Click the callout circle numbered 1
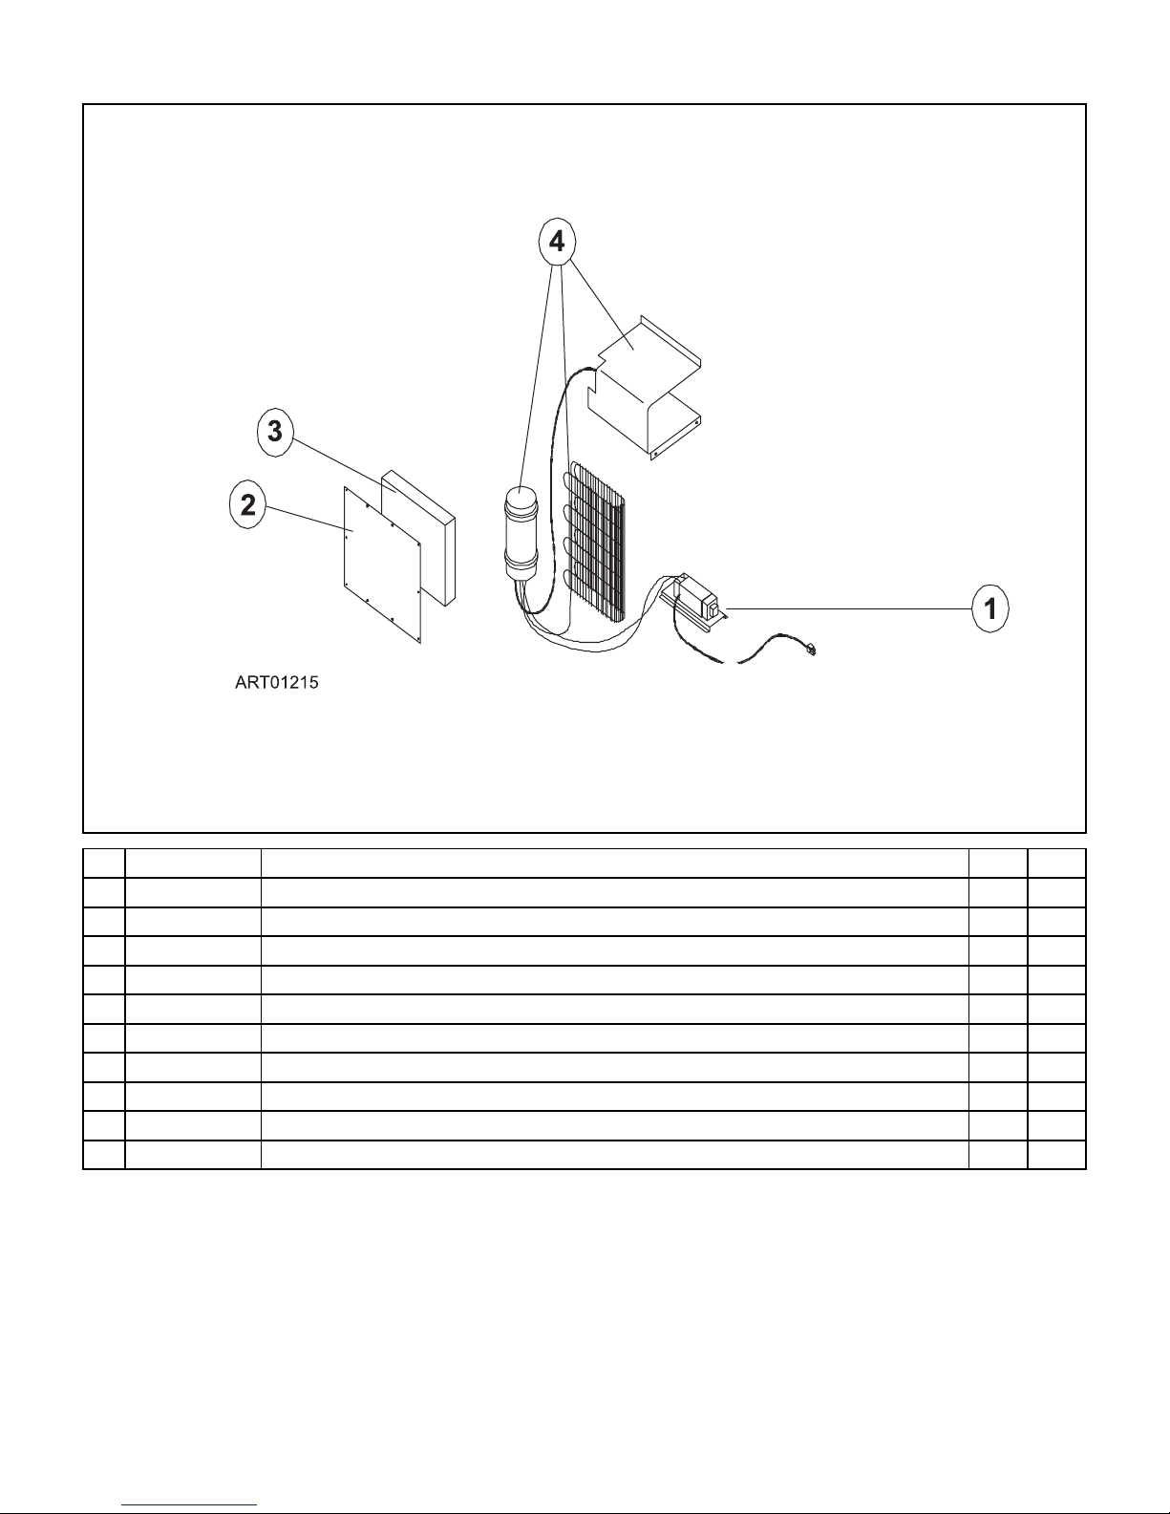(992, 608)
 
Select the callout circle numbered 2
(248, 505)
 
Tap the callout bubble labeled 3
(275, 432)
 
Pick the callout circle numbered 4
(557, 243)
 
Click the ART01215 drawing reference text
(276, 684)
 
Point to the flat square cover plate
(381, 564)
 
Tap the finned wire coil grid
(596, 540)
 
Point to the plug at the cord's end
(811, 650)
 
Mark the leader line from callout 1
(850, 608)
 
